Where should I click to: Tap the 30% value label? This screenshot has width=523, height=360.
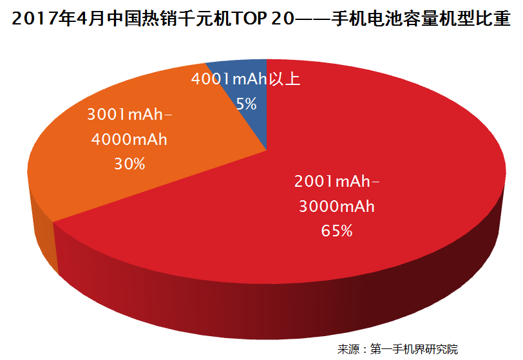129,164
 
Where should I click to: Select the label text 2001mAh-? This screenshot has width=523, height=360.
337,182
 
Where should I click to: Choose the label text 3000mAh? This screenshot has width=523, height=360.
337,207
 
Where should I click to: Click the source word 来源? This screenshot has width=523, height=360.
348,349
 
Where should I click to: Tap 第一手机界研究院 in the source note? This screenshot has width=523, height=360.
414,349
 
